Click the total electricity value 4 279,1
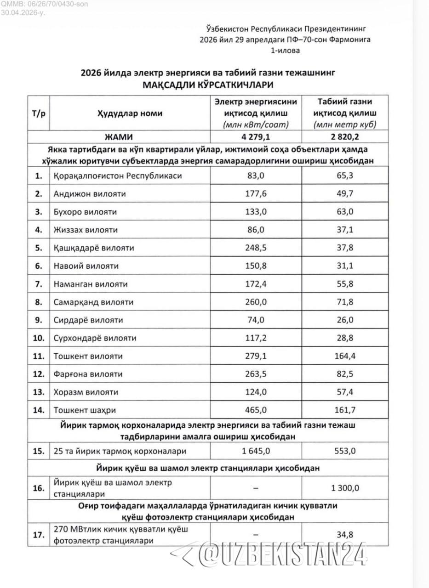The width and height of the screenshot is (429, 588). tap(256, 136)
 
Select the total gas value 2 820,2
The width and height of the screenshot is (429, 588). tap(345, 136)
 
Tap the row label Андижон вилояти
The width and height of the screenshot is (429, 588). tap(90, 194)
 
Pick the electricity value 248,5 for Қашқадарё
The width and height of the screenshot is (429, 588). tap(256, 248)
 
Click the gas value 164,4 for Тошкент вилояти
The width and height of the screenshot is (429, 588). tap(345, 356)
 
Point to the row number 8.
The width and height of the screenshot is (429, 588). tap(39, 302)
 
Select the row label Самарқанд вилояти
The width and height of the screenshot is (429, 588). tap(93, 302)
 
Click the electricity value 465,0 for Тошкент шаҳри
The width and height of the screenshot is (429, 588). tap(256, 410)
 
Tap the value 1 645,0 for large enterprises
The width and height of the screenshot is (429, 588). tap(256, 451)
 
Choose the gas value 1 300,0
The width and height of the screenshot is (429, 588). tap(345, 488)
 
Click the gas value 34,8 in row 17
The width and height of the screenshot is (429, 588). tap(345, 534)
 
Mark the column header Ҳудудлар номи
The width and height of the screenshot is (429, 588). tap(129, 113)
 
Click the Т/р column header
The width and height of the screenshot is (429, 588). tap(39, 113)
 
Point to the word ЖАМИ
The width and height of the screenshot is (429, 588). tap(130, 136)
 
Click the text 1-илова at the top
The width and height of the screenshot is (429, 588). tap(285, 50)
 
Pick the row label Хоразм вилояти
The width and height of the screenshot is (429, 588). tap(86, 392)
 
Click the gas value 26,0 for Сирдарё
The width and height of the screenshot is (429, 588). tap(345, 320)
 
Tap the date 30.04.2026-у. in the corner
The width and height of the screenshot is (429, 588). tap(23, 12)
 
